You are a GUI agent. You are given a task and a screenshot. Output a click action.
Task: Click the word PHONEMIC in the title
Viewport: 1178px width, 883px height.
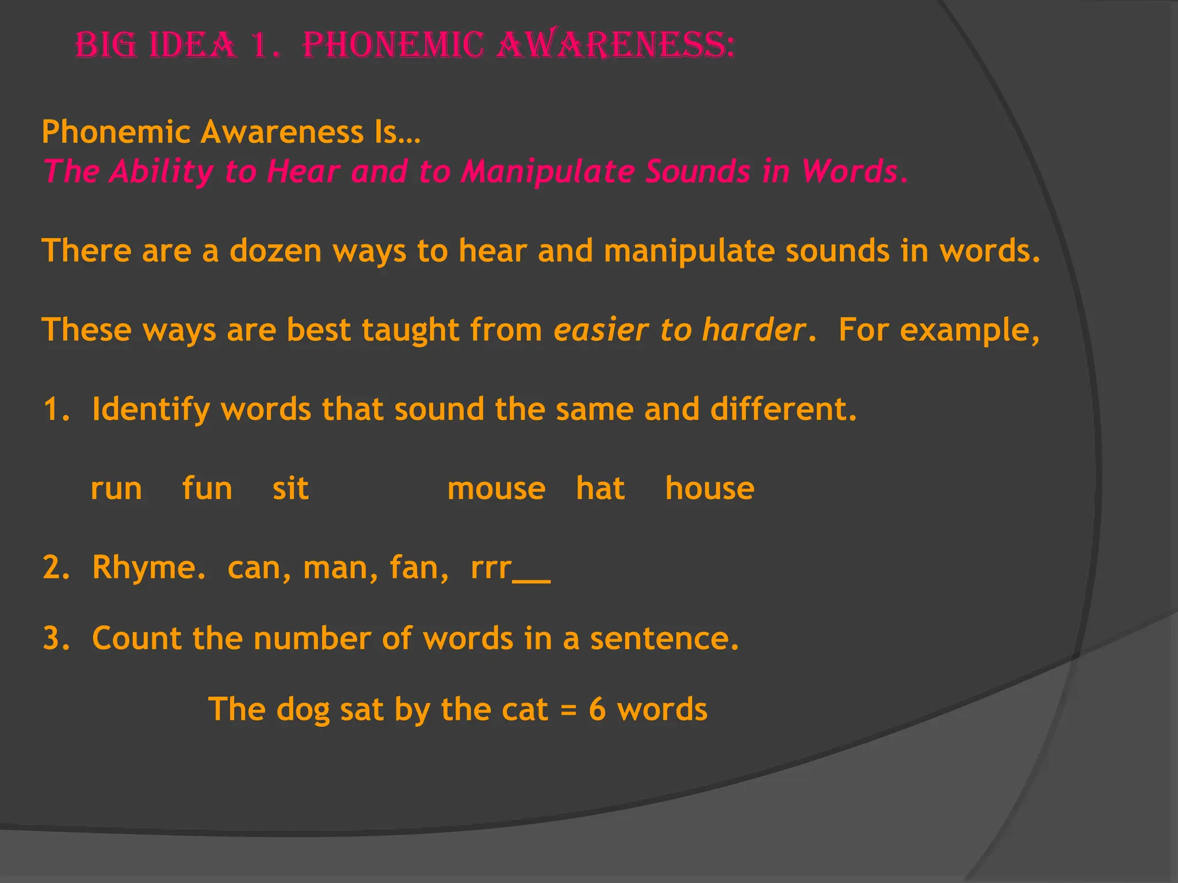393,45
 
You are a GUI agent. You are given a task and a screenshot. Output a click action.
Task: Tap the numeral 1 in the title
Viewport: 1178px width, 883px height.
261,46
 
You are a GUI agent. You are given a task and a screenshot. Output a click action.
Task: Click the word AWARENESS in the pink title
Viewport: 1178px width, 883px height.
615,45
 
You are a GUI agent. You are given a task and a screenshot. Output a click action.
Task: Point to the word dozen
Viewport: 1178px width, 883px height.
276,251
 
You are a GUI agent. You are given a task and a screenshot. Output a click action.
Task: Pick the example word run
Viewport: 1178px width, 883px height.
116,489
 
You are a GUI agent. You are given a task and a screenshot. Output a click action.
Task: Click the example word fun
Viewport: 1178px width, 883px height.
207,489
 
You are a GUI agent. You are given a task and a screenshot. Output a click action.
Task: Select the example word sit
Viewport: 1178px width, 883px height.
290,489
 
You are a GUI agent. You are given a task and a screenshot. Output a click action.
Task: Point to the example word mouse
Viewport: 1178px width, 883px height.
496,489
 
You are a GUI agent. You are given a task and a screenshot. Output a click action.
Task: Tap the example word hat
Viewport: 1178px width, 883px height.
601,489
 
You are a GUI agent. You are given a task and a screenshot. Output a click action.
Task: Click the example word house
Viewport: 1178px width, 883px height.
709,489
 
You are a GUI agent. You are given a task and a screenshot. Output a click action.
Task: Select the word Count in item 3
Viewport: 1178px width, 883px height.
137,638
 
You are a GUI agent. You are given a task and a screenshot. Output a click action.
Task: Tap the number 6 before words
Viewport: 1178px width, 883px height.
597,709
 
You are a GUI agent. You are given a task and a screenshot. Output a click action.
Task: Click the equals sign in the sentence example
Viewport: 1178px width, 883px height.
568,710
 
